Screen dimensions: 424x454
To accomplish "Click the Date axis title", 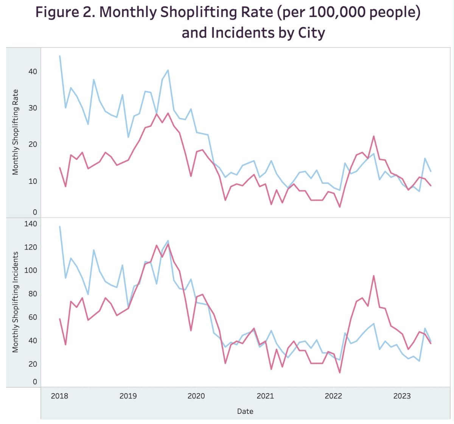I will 245,411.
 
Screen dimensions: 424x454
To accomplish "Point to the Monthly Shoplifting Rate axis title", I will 15,132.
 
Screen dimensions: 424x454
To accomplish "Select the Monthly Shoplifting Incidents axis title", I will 15,302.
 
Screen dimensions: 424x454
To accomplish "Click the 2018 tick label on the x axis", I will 59,396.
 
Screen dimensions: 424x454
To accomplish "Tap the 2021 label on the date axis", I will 265,396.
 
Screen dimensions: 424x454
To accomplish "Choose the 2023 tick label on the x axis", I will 402,396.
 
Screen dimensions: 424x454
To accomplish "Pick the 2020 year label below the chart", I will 196,396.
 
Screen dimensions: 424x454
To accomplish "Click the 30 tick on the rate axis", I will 33,108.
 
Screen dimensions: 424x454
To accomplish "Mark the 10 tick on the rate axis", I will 33,181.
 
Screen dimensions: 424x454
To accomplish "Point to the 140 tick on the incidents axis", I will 31,224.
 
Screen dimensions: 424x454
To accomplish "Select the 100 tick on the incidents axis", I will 31,270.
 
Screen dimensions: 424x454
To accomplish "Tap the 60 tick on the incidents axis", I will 33,317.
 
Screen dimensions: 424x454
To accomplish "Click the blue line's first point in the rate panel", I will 60,56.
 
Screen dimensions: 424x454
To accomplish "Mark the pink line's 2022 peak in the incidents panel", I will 373,276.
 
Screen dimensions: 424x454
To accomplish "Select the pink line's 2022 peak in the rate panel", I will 373,136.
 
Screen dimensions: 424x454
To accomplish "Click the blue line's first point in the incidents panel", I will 60,227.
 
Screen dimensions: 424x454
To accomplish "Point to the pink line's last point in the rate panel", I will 431,185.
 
